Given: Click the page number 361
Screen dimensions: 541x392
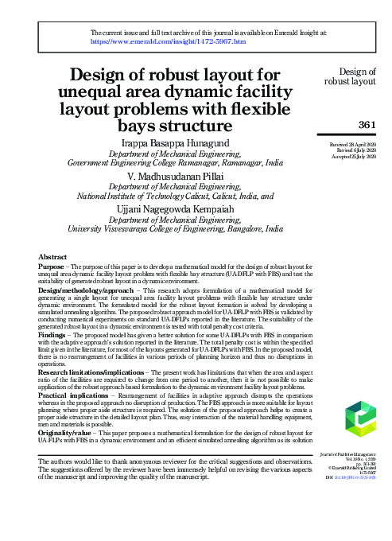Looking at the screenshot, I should click(367, 124).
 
